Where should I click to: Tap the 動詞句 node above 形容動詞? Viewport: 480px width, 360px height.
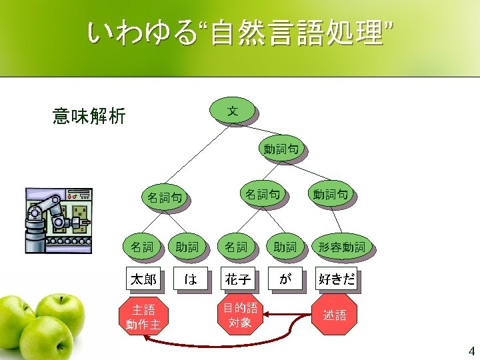tap(331, 195)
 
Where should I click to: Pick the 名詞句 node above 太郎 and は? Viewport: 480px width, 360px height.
tap(164, 197)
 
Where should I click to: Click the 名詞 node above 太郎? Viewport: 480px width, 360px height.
tap(141, 247)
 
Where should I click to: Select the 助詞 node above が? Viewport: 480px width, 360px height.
tap(285, 247)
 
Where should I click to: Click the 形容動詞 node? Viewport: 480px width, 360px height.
tap(341, 247)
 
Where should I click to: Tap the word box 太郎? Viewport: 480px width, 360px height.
tap(143, 279)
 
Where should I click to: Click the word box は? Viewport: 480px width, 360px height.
tap(190, 279)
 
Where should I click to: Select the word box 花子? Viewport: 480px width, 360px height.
tap(238, 279)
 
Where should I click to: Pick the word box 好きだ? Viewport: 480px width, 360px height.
tap(335, 279)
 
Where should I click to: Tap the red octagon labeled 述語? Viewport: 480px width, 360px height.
tap(335, 315)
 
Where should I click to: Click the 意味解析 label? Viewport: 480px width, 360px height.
tap(89, 117)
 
